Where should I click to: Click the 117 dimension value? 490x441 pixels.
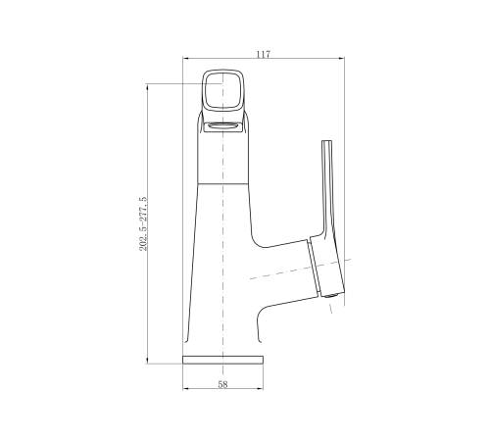pyautogui.click(x=264, y=54)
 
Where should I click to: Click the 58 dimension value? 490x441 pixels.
pyautogui.click(x=222, y=384)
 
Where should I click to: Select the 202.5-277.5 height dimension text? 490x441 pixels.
pyautogui.click(x=143, y=223)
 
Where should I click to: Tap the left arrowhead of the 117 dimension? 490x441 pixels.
pyautogui.click(x=185, y=59)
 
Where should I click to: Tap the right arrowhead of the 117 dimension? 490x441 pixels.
pyautogui.click(x=341, y=59)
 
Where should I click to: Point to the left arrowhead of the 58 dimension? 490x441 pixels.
pyautogui.click(x=185, y=388)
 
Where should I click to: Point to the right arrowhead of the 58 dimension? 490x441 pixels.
pyautogui.click(x=260, y=388)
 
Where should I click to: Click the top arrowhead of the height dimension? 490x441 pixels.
pyautogui.click(x=147, y=87)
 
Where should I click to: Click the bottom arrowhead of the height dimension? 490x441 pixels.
pyautogui.click(x=147, y=361)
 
